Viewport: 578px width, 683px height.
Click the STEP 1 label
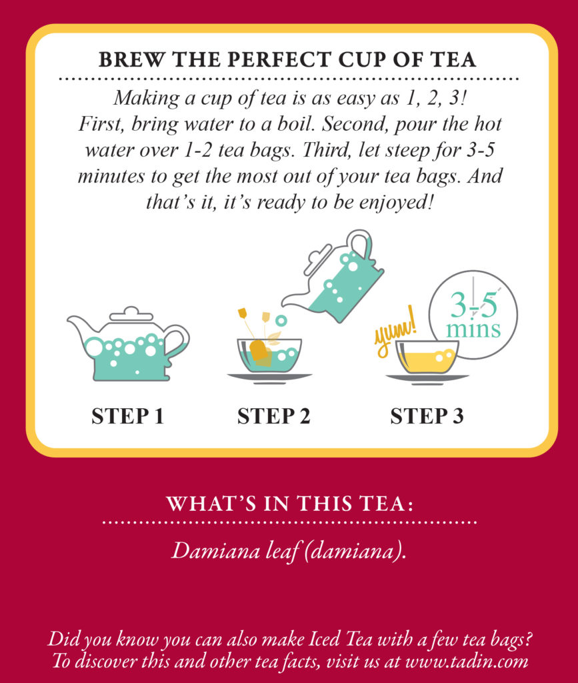coord(127,416)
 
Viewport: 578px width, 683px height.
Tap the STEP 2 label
coord(273,416)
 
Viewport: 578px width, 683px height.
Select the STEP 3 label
coord(427,416)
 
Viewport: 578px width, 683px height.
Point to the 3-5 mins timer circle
coord(473,314)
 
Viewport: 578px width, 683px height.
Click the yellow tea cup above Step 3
coord(427,357)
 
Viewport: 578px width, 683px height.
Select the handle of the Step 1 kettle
coord(177,340)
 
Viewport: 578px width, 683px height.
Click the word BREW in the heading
coord(126,59)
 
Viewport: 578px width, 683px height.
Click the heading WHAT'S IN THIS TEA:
coord(289,504)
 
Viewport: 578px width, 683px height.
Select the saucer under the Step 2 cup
coord(270,378)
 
